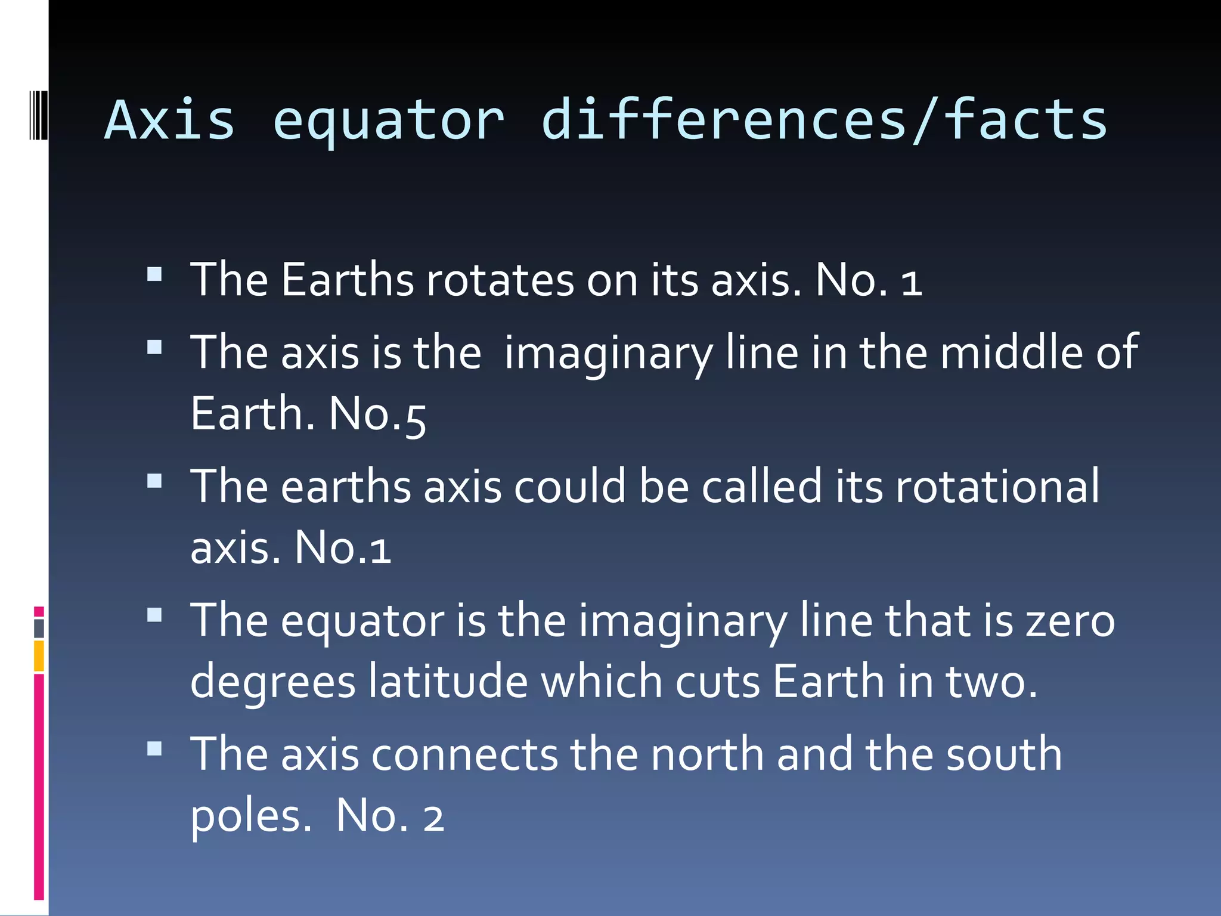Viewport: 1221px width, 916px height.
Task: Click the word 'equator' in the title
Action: [388, 121]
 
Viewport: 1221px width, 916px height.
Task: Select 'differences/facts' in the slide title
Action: [825, 121]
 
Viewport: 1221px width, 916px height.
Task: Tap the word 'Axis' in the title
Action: [170, 121]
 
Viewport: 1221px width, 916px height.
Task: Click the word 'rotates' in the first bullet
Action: [500, 280]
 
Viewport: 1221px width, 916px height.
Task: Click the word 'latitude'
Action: [448, 681]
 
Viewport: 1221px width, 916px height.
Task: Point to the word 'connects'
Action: [464, 755]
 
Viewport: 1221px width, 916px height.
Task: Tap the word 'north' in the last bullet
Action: [707, 755]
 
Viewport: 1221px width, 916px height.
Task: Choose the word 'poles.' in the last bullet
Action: [250, 817]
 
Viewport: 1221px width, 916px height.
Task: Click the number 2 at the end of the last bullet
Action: [433, 819]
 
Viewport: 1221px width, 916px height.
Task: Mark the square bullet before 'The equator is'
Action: [154, 615]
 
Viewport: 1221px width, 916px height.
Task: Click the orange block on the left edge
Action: [39, 655]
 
